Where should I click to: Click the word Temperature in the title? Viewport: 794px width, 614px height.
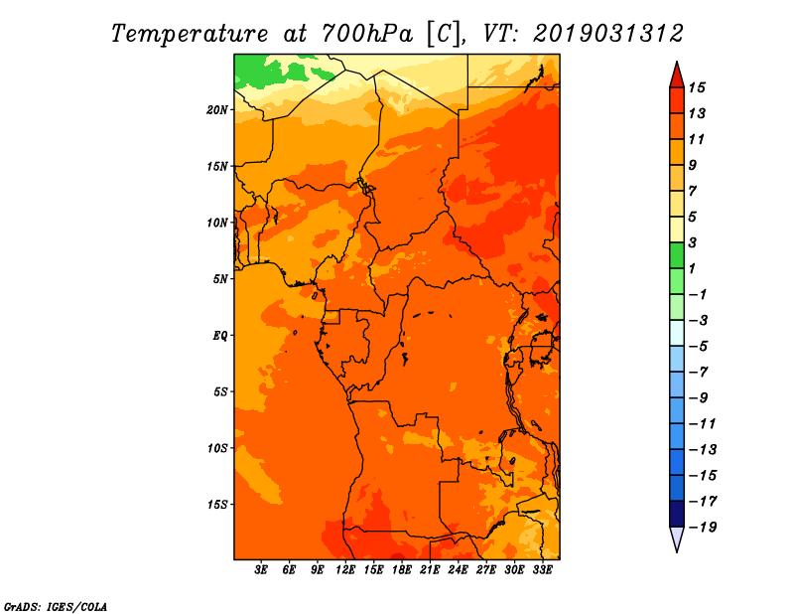point(190,34)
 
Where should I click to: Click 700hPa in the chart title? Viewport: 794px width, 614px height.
point(366,34)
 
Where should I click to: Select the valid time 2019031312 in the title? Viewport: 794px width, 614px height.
point(608,34)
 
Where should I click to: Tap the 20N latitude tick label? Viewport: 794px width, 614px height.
point(217,110)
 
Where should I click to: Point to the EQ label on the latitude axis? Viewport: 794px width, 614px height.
point(220,336)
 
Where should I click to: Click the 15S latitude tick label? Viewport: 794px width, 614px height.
point(217,505)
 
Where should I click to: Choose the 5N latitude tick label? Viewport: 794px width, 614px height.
point(220,279)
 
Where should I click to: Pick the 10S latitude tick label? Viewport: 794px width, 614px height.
point(217,448)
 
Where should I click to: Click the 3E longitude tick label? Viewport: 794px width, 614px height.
point(261,570)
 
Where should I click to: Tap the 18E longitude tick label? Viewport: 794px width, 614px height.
point(402,570)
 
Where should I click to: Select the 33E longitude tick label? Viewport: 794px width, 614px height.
point(542,570)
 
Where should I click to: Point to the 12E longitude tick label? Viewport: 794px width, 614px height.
point(345,570)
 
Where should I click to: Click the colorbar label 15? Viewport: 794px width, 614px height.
point(697,87)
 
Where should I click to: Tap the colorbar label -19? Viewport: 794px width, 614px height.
point(703,528)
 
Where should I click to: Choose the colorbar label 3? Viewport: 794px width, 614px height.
point(693,242)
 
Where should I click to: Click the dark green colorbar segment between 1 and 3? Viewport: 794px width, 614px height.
point(677,255)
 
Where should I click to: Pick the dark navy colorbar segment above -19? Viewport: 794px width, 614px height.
point(677,514)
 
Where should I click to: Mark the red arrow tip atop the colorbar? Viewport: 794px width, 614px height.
point(677,62)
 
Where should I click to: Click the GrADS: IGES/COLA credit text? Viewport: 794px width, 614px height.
point(56,607)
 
